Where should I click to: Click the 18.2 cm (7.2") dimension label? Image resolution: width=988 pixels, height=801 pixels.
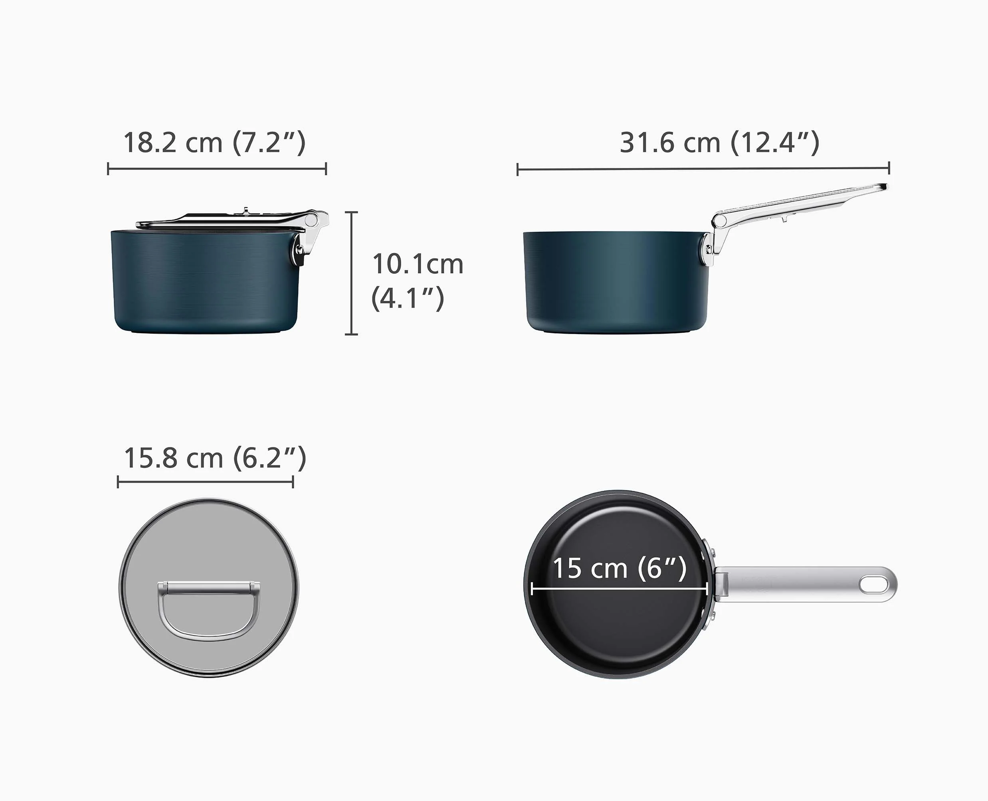point(214,142)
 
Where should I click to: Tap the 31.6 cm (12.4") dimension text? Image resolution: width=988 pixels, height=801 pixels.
point(719,142)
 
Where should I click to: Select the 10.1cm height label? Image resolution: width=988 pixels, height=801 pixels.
point(418,264)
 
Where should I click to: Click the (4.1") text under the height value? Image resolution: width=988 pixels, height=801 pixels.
point(408,298)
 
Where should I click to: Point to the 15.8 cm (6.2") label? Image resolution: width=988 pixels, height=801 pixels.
point(215,458)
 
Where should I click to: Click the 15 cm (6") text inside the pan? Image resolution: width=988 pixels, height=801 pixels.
point(619,568)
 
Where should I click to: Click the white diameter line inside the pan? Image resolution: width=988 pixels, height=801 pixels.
point(619,589)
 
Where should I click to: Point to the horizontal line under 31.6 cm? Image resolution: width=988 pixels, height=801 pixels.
point(703,169)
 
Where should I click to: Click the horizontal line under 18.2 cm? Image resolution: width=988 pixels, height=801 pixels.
point(217,168)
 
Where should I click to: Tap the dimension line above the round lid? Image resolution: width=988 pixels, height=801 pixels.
point(205,483)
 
